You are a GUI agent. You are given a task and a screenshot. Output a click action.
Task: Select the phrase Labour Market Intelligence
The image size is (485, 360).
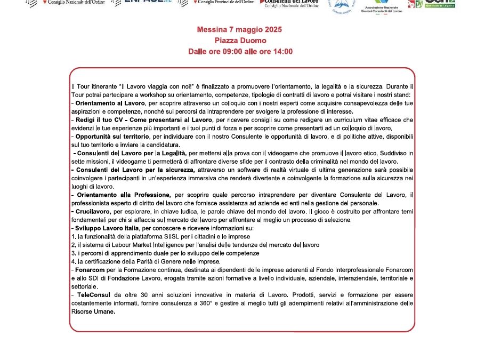145,245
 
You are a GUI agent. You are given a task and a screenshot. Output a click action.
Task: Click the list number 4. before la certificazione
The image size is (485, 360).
74,261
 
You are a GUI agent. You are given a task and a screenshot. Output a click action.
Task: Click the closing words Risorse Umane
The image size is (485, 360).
93,312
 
